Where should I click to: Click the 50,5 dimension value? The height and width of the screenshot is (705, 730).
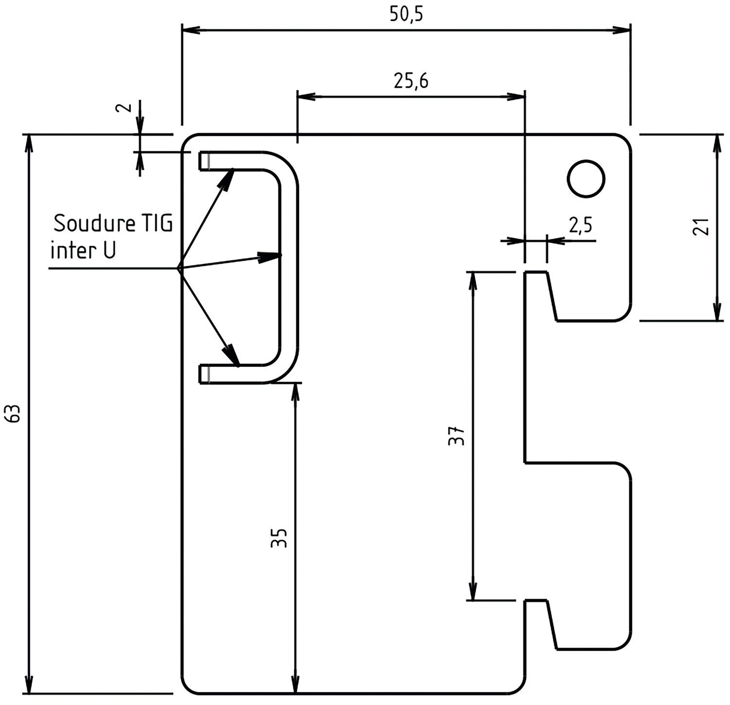coord(406,15)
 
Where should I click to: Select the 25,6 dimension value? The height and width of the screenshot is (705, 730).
coord(411,82)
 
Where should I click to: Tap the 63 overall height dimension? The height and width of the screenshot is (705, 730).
coord(15,414)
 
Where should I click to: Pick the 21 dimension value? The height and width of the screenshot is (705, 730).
coord(701,227)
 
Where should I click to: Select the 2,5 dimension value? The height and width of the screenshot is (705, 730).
coord(580,225)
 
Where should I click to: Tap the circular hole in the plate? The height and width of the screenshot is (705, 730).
coord(586,179)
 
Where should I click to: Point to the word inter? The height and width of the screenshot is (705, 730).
coord(69,251)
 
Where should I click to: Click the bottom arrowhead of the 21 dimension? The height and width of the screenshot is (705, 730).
coord(717,308)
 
